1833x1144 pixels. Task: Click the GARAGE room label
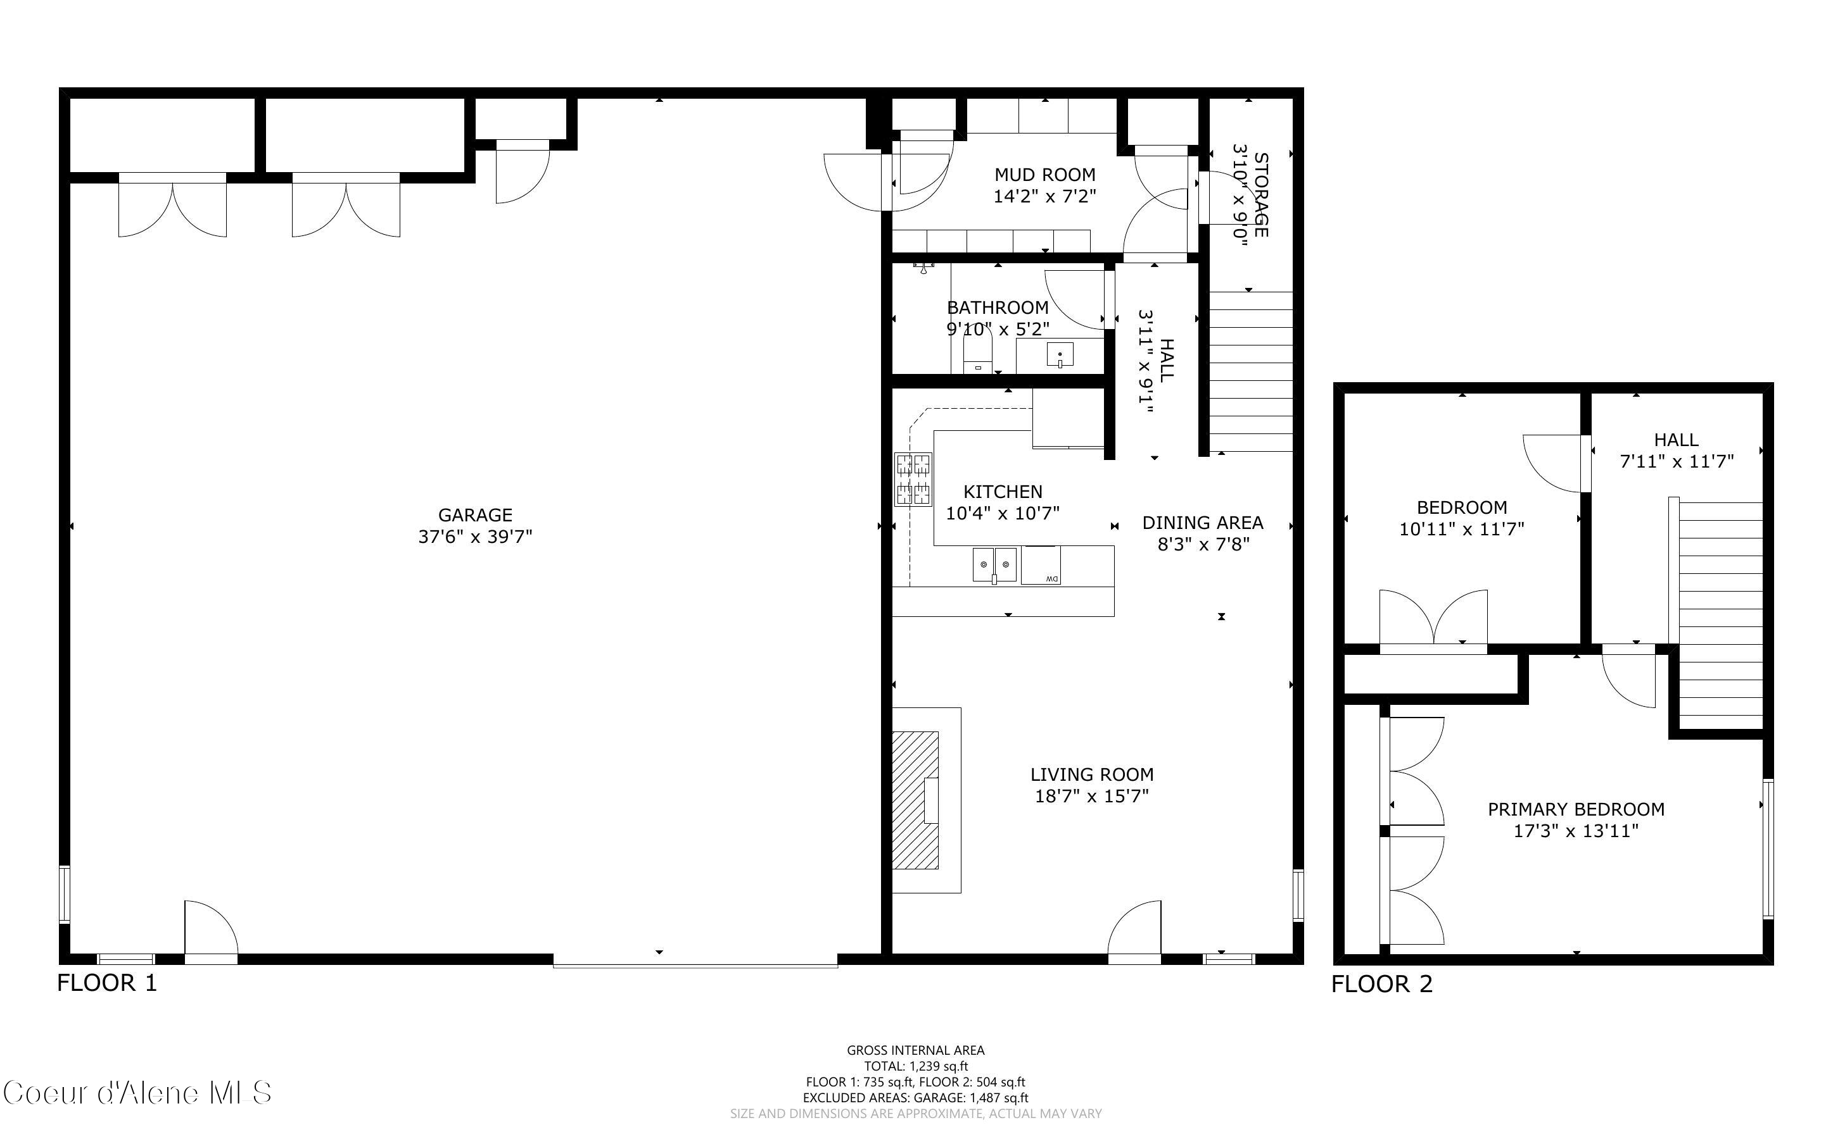click(476, 515)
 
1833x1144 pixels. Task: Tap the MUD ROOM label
click(1045, 175)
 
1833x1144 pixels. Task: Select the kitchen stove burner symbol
click(913, 479)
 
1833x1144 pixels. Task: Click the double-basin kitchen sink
click(995, 565)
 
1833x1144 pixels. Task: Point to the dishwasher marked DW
click(1041, 565)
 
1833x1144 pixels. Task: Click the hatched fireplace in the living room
click(915, 800)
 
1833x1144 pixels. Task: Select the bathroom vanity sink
click(1060, 354)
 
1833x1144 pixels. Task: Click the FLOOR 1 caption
click(108, 983)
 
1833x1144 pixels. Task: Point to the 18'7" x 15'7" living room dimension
click(1092, 796)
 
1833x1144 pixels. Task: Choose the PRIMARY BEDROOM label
click(1576, 809)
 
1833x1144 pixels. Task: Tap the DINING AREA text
click(1203, 523)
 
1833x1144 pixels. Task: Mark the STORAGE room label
click(1260, 196)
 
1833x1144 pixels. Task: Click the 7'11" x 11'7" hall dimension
click(1677, 461)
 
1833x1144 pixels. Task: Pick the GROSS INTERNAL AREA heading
click(915, 1050)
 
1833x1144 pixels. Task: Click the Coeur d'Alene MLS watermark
click(137, 1093)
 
